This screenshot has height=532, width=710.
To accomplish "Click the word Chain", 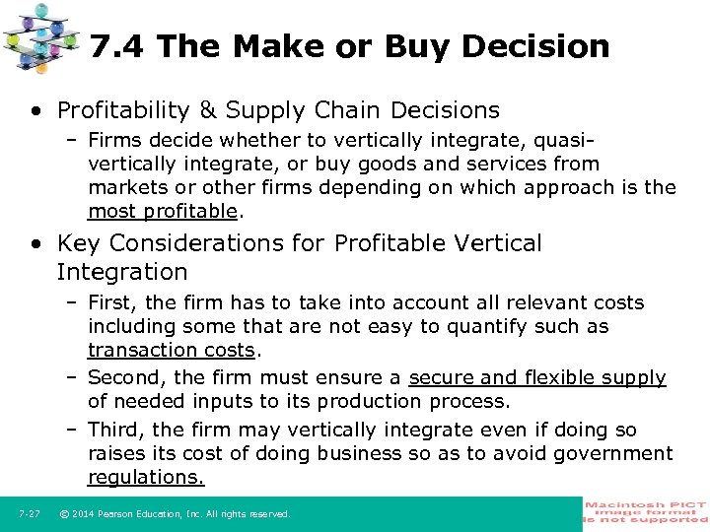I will point(350,110).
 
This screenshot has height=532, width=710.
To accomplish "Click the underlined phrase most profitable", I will point(163,211).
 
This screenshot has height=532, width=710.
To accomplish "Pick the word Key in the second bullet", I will point(79,243).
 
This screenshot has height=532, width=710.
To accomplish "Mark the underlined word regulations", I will point(146,477).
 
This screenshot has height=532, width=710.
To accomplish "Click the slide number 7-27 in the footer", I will point(29,514).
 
